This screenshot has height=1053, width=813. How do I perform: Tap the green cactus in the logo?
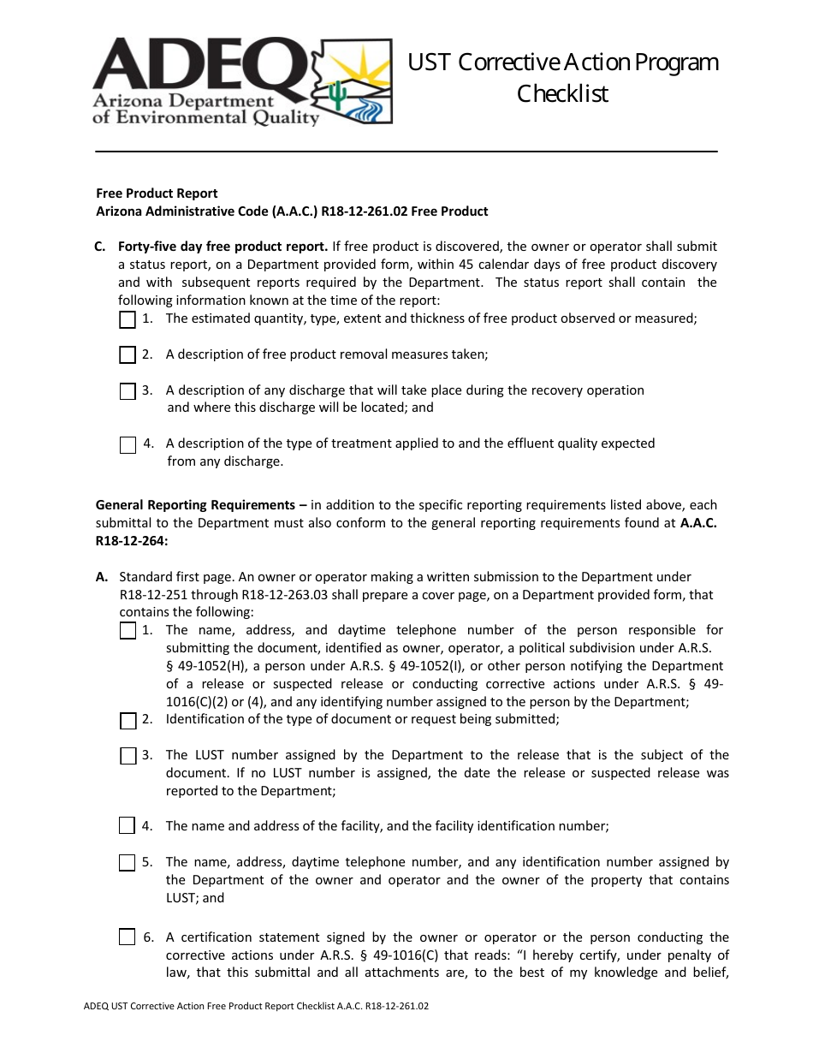(339, 96)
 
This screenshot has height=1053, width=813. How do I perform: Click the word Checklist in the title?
(562, 93)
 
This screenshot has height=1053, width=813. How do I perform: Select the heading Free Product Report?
(157, 193)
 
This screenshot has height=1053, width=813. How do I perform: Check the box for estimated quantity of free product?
(128, 319)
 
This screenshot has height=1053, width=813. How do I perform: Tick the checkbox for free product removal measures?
(128, 354)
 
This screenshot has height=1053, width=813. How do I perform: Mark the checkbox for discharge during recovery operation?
(128, 391)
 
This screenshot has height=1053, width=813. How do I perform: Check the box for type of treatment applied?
(128, 444)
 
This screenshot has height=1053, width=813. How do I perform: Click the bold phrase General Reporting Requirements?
(196, 505)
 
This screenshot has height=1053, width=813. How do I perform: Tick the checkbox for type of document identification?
(128, 720)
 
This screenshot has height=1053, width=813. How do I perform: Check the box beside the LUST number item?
(128, 756)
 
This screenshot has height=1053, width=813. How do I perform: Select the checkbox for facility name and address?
(128, 826)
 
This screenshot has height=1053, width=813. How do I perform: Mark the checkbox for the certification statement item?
(128, 937)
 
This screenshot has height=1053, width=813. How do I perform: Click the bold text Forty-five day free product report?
(223, 247)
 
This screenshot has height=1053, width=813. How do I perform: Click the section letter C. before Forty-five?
(100, 247)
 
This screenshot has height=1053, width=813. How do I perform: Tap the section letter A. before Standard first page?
(102, 577)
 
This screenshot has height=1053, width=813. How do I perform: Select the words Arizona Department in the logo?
(183, 102)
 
